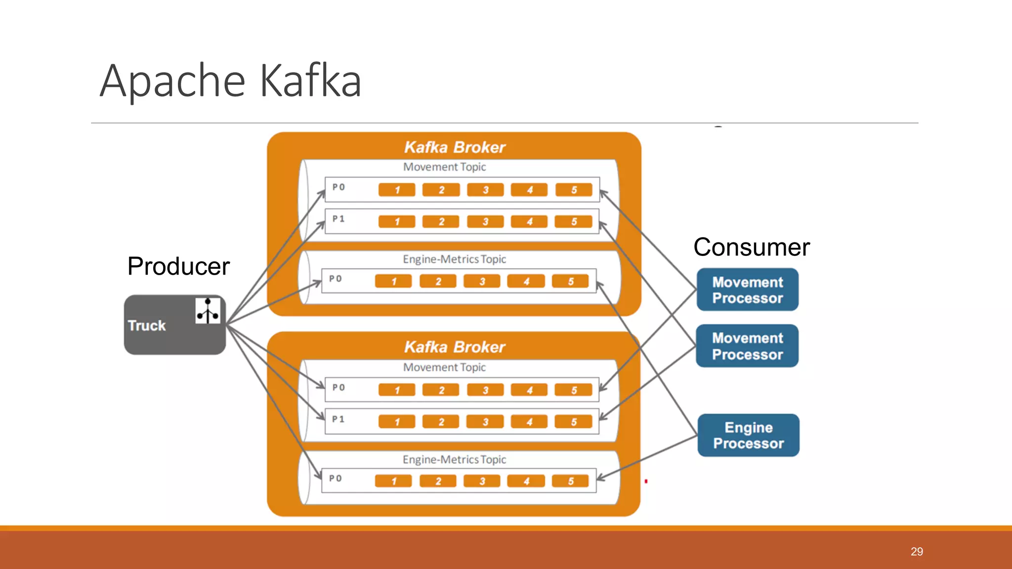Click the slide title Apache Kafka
230,81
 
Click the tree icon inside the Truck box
208,311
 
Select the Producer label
178,266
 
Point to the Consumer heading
751,247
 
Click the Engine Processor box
748,435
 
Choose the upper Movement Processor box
747,290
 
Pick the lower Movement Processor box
747,346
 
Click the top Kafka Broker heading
455,147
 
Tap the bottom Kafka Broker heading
455,347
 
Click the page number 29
917,552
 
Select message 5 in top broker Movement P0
574,190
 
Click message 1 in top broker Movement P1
397,222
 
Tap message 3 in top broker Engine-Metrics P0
482,282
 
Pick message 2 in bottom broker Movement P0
441,390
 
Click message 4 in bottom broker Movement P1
529,422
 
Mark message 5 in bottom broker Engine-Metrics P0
570,481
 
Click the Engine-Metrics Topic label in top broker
454,259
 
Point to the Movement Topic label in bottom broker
444,367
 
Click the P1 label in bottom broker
338,419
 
